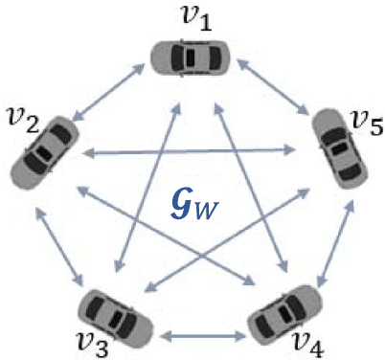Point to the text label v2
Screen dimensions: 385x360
21,119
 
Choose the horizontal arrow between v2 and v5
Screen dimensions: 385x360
192,151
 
